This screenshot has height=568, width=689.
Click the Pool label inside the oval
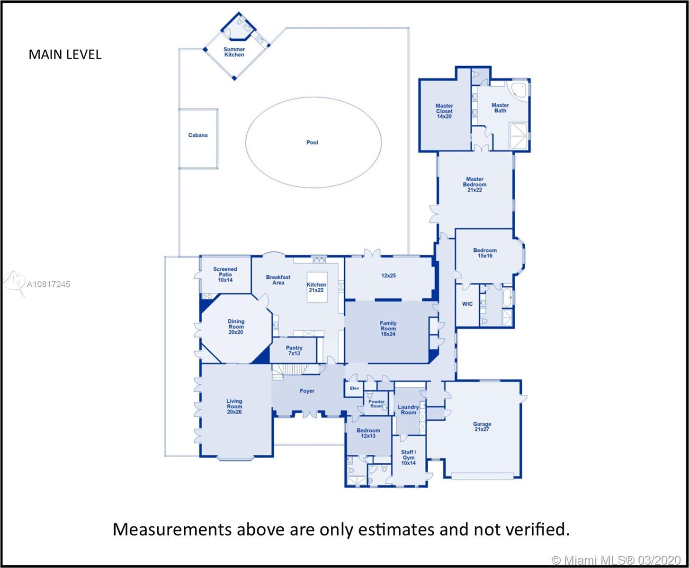312,142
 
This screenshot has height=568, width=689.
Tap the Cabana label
198,135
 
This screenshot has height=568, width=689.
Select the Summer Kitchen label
234,52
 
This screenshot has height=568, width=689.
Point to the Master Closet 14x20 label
444,111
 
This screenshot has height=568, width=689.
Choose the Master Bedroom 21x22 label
474,185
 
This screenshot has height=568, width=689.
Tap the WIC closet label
467,304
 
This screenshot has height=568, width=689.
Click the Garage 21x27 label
482,426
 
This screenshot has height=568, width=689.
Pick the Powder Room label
376,404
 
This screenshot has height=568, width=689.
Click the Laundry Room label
409,410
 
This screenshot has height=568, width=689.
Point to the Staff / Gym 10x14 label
409,458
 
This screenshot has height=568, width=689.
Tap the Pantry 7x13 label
294,351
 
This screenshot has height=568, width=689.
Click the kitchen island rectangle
317,287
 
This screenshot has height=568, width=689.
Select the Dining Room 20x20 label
236,327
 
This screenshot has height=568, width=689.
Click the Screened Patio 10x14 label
225,275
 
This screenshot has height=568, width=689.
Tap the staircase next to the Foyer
290,370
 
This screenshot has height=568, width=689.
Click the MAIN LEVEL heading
65,54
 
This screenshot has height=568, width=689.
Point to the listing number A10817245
48,284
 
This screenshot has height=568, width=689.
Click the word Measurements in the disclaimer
172,529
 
